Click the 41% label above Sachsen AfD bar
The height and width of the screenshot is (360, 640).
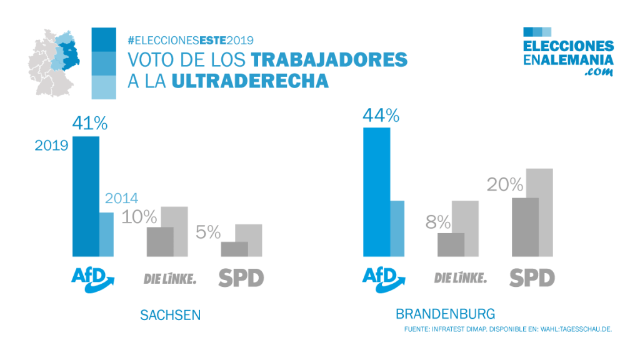[90, 123]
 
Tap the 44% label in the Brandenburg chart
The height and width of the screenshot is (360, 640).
[381, 115]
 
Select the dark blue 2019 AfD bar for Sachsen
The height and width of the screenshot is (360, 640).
[86, 196]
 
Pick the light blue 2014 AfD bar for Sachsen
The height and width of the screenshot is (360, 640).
[107, 234]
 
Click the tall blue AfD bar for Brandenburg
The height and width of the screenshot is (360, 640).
[376, 192]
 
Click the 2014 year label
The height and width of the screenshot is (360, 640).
[121, 199]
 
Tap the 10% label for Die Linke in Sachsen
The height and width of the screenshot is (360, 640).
[139, 217]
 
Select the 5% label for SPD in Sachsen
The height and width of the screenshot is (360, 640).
[208, 233]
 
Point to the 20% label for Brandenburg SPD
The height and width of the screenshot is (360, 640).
[505, 184]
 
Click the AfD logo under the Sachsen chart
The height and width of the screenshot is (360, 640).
[94, 279]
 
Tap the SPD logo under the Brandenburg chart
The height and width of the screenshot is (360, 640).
[532, 277]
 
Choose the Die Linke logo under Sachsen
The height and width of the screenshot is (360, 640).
[169, 278]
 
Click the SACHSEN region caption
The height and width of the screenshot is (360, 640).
[171, 315]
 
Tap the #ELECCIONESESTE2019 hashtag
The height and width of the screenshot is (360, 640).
[190, 40]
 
